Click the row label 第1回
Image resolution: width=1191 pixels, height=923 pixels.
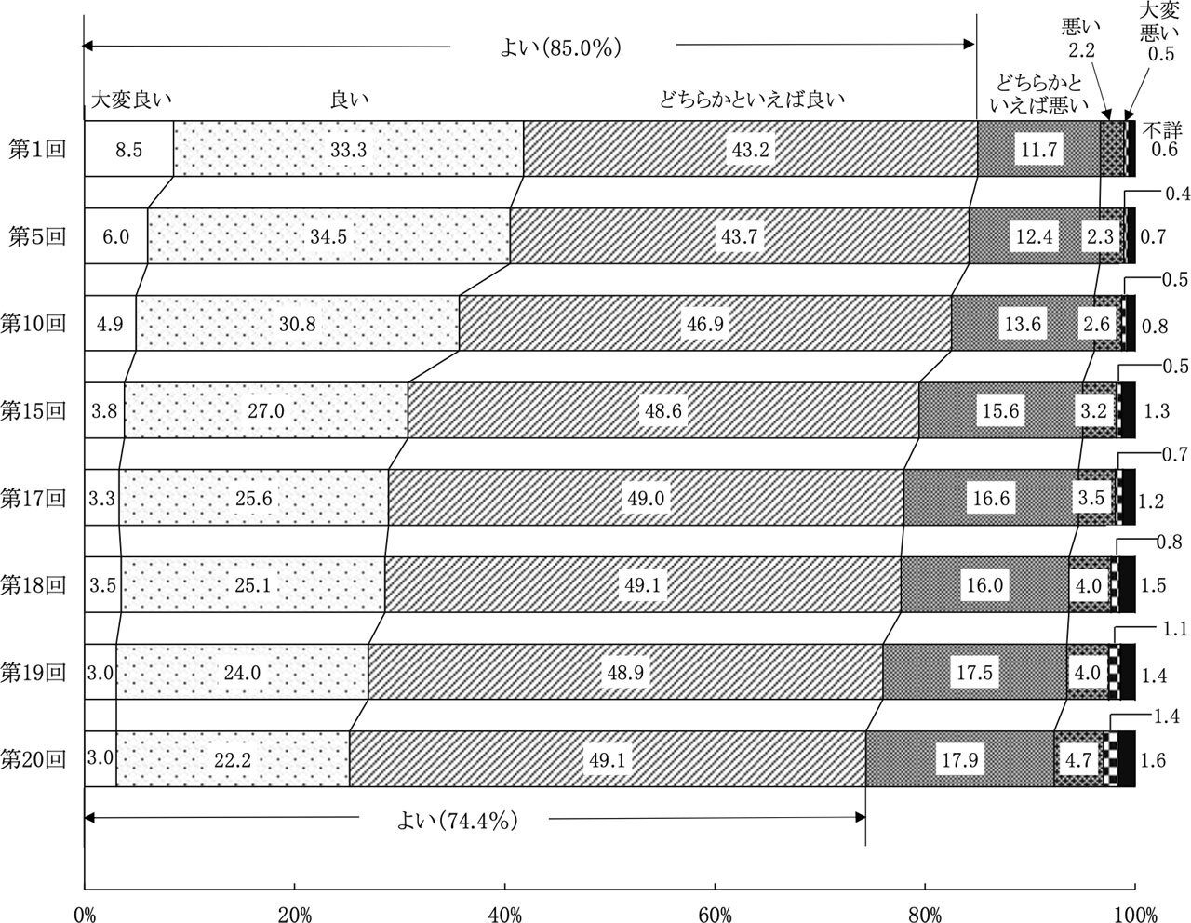pos(38,150)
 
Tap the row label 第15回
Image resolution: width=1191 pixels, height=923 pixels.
pos(33,410)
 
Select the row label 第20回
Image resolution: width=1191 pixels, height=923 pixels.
pos(33,758)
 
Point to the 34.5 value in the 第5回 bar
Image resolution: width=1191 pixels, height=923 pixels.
pos(329,236)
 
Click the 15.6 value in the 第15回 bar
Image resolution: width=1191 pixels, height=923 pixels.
pos(999,410)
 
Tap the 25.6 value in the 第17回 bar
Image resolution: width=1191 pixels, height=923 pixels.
pos(253,498)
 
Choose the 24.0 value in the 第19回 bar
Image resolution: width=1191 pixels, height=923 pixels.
pos(242,672)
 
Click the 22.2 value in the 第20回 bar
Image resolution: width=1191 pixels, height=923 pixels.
pos(232,759)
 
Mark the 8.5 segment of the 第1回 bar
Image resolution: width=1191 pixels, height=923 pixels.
pos(130,149)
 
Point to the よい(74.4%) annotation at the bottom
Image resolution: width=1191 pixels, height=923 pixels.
pos(453,820)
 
